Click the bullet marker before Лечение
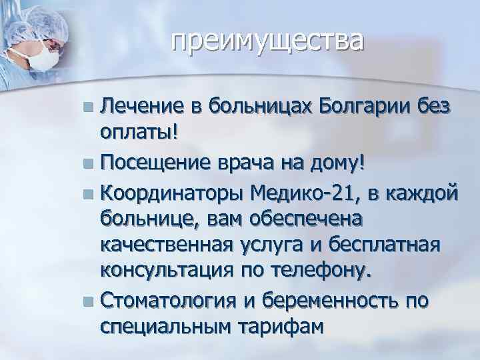(91, 105)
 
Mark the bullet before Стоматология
(91, 301)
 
